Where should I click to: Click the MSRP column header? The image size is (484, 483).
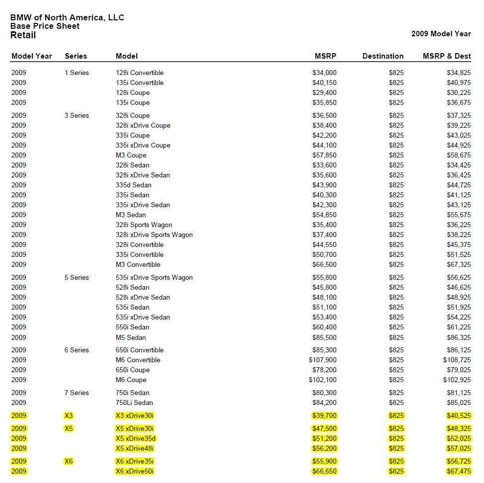(325, 56)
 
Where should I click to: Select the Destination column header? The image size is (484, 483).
(383, 56)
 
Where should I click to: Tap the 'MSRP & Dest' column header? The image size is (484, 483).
(447, 56)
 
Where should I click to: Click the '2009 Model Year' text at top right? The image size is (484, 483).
(441, 34)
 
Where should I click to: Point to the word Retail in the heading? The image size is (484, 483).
(23, 35)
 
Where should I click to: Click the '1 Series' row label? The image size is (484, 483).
(77, 73)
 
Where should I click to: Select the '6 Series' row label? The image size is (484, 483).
(77, 350)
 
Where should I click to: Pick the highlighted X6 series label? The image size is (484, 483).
(69, 461)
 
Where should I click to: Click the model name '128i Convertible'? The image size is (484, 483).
(140, 73)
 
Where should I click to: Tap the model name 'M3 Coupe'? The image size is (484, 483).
(131, 155)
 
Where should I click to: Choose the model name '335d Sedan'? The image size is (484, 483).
(134, 185)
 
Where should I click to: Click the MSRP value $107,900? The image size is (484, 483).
(323, 360)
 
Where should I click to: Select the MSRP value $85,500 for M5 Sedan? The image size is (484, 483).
(324, 337)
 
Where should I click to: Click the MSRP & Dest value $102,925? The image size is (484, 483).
(457, 380)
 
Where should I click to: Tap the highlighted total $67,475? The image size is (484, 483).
(459, 471)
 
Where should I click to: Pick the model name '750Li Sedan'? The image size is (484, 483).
(134, 402)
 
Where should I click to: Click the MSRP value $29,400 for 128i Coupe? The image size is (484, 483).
(324, 92)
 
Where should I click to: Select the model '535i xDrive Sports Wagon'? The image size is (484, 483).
(154, 277)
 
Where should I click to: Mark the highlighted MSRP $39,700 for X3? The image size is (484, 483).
(324, 415)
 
